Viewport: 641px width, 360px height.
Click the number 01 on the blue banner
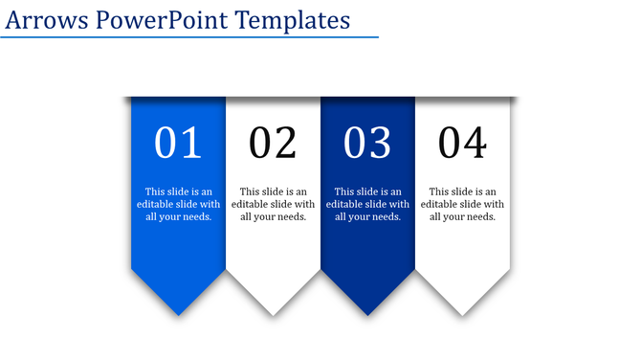click(178, 143)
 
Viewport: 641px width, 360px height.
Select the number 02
click(273, 143)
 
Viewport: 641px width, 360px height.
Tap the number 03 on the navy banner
click(367, 143)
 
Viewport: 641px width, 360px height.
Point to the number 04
click(462, 143)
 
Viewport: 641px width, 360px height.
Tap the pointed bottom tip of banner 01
click(178, 311)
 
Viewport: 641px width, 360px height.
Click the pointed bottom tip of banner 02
click(273, 311)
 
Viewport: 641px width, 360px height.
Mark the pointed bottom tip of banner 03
click(367, 311)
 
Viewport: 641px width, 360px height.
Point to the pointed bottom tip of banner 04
click(462, 311)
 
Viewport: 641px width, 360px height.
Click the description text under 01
click(178, 204)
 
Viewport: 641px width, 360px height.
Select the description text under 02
click(273, 204)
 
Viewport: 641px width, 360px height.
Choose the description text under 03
click(367, 204)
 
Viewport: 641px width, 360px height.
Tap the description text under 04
click(462, 204)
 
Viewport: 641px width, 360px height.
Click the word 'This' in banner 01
click(155, 191)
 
